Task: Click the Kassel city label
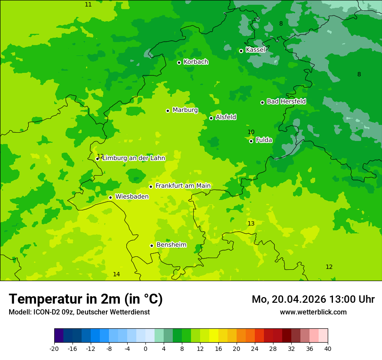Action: (x=255, y=50)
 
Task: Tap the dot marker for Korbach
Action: (x=179, y=62)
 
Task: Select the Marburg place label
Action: (x=185, y=110)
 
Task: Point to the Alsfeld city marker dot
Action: (x=211, y=118)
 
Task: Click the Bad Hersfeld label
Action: (x=286, y=101)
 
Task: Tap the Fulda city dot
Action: (x=251, y=141)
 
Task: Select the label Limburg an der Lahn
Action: (x=134, y=158)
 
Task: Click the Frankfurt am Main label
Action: (x=183, y=186)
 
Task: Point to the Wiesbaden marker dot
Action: (x=110, y=197)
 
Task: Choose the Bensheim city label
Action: (x=171, y=245)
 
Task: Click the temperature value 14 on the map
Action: (x=116, y=274)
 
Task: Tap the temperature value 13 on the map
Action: (x=251, y=223)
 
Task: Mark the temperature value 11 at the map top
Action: (x=88, y=4)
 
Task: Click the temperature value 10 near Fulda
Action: (x=251, y=132)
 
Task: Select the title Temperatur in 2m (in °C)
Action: (x=86, y=299)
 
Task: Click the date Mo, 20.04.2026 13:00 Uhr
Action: (x=313, y=299)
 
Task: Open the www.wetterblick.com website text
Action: (x=313, y=312)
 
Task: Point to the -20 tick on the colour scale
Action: (x=54, y=348)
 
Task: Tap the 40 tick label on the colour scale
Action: (x=327, y=348)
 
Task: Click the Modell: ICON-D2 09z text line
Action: (x=79, y=312)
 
